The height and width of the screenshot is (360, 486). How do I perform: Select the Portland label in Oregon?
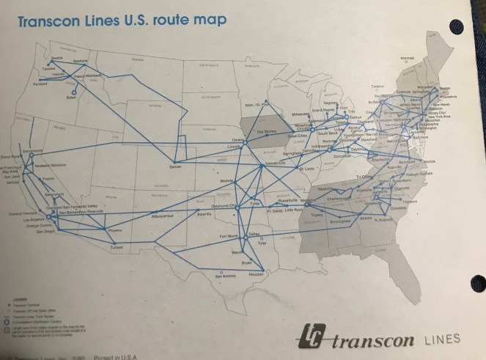tap(40, 84)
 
